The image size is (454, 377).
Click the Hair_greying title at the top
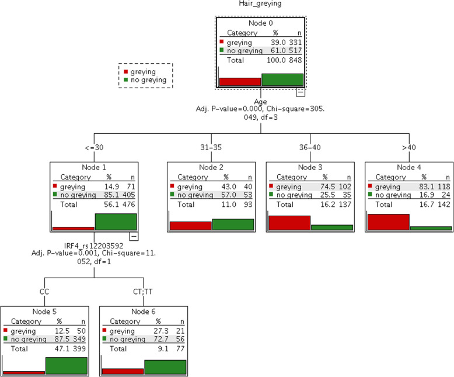[260, 5]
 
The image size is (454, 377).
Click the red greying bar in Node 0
[240, 81]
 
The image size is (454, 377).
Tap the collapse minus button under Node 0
[300, 92]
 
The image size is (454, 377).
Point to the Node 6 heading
[144, 313]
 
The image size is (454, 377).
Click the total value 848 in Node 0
[297, 60]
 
